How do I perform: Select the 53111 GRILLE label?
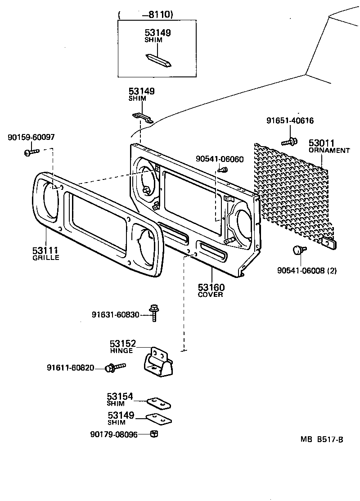(x=45, y=253)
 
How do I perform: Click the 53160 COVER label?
(x=211, y=290)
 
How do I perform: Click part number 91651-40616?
(x=290, y=121)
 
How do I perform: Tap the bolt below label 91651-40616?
(x=290, y=142)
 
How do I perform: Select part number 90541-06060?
(x=220, y=159)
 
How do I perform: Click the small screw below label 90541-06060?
(x=222, y=170)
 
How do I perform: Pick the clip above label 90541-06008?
(x=298, y=249)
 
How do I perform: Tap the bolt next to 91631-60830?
(x=154, y=314)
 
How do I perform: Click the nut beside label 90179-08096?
(x=153, y=434)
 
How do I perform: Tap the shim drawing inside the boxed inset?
(x=158, y=61)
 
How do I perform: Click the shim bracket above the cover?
(x=142, y=118)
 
